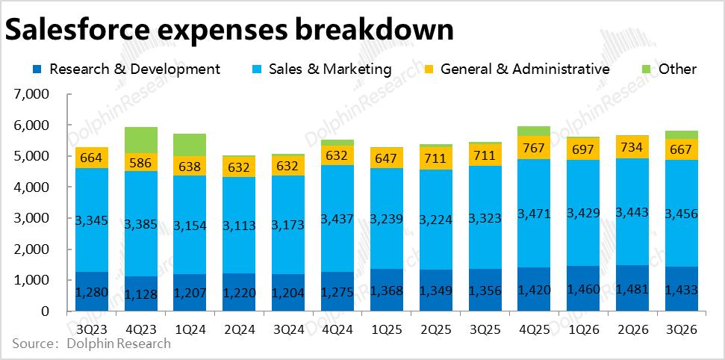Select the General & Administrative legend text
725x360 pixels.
coord(525,69)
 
